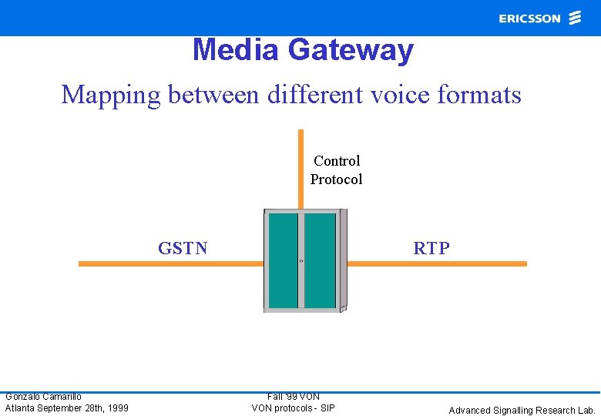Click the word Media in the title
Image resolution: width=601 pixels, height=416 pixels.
tap(236, 50)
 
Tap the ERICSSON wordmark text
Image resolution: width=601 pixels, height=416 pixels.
tap(529, 18)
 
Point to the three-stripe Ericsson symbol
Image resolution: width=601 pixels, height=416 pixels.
tap(575, 18)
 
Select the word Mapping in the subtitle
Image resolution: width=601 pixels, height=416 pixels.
tap(112, 95)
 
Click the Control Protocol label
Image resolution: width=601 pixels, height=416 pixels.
tap(336, 169)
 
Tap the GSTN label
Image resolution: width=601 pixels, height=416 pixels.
tap(183, 248)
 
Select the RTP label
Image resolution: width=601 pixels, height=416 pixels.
tap(431, 248)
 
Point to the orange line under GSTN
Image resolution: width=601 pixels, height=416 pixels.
tap(170, 263)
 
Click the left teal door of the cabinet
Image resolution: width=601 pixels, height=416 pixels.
tap(284, 260)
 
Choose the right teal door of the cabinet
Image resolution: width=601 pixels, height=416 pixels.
tap(320, 260)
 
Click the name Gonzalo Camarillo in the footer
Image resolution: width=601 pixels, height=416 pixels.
tap(43, 397)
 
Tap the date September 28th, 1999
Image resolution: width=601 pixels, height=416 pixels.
tap(84, 408)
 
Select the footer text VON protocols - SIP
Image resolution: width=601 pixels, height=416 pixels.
tap(294, 408)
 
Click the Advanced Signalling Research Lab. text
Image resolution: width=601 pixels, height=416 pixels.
tap(522, 410)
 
